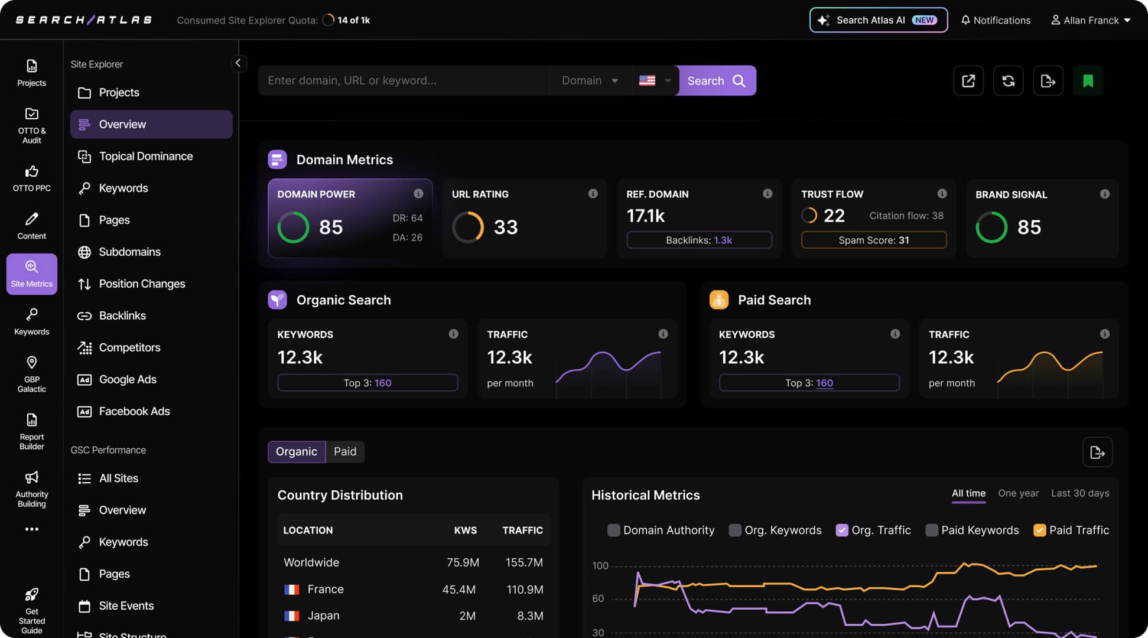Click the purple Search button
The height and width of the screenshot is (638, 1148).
(x=716, y=81)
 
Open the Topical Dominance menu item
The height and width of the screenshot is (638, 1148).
(x=145, y=157)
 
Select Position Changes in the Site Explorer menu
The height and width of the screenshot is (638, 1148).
(x=141, y=284)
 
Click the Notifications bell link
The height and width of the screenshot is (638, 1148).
(x=996, y=20)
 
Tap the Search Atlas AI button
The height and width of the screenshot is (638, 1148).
(x=878, y=20)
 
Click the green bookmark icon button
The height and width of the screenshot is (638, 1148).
(x=1088, y=81)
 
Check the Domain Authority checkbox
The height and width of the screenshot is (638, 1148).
(x=614, y=530)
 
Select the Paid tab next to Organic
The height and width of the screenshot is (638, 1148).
(x=345, y=452)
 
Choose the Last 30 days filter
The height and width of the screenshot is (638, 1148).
(x=1079, y=493)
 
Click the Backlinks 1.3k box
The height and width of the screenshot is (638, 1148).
(x=699, y=240)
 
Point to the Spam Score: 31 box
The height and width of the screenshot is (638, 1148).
(x=873, y=240)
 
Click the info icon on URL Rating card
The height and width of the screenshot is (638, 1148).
(x=593, y=194)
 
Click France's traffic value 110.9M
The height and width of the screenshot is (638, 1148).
(x=525, y=590)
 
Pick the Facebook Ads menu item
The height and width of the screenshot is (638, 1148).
(x=134, y=412)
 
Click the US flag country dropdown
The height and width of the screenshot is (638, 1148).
(x=655, y=81)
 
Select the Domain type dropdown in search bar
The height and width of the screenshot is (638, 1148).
(x=590, y=81)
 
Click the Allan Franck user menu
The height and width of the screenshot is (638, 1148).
(x=1090, y=20)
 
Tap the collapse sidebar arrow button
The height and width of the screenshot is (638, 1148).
(x=238, y=63)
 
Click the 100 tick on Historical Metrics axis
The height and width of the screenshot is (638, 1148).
(x=600, y=566)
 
